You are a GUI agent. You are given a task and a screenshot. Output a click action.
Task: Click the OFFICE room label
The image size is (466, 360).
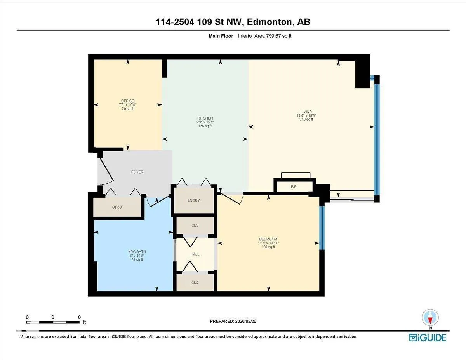coord(128,101)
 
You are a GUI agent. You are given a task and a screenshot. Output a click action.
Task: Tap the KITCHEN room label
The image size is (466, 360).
coord(205,118)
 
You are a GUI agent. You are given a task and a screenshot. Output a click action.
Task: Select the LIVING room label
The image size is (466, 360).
coord(306,112)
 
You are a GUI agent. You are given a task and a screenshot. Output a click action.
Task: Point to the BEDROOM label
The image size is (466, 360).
coord(268,239)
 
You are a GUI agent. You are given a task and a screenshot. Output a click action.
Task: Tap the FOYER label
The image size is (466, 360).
coord(137,172)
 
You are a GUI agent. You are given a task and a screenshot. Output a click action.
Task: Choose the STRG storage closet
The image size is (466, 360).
coord(117,207)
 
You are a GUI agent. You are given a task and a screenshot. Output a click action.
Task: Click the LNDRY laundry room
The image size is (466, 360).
coord(194,200)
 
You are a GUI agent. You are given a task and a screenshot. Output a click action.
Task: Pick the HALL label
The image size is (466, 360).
coord(195,254)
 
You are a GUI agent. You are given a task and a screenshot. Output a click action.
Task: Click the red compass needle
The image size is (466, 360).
coord(430,320)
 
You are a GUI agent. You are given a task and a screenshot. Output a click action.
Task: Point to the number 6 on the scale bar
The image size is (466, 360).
coord(79,317)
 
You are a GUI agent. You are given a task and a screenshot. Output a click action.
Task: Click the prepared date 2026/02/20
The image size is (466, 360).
coord(245,321)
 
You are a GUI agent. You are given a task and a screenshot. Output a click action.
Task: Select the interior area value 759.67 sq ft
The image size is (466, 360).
coord(279,36)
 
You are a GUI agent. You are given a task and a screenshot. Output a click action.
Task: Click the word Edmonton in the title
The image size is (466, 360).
coord(270,22)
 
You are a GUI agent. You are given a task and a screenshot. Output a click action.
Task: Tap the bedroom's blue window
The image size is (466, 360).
coord(322,228)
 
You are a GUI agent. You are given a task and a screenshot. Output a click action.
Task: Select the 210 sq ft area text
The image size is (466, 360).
coord(306,120)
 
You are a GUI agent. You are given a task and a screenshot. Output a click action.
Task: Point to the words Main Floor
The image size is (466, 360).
coord(221,36)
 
